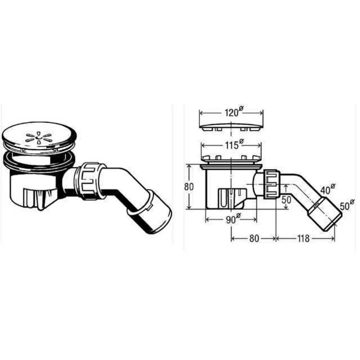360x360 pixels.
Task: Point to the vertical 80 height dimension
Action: click(x=189, y=186)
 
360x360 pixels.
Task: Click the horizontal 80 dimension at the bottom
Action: click(x=254, y=238)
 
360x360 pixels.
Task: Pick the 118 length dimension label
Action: click(x=303, y=238)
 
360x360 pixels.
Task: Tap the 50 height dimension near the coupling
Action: click(x=286, y=199)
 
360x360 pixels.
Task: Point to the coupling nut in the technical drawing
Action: click(x=271, y=184)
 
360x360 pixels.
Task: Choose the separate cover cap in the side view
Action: click(x=231, y=126)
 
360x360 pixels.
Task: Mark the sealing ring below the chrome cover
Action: click(x=39, y=161)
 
